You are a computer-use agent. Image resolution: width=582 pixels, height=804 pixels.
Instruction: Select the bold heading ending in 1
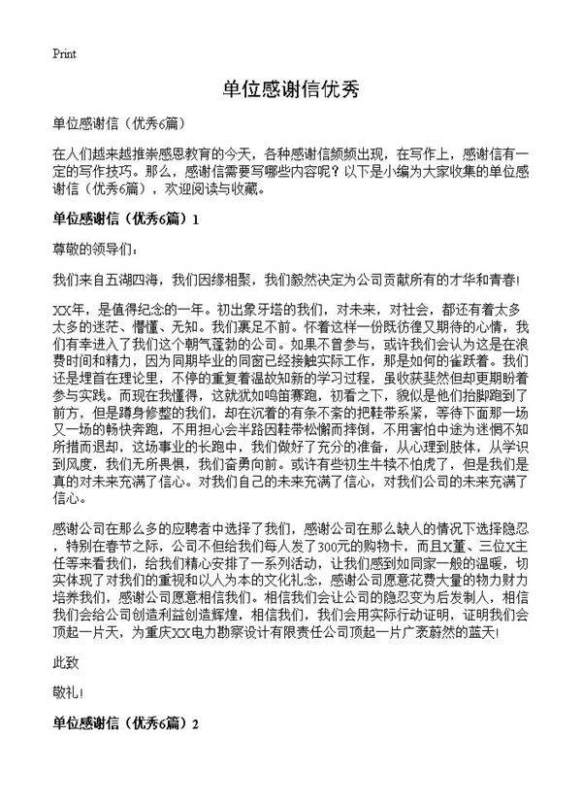pos(125,219)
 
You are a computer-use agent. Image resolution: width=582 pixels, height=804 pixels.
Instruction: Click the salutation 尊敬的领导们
pos(87,249)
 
